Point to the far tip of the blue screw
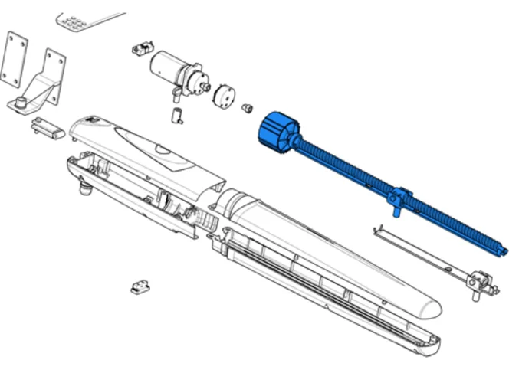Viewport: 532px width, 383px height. pos(503,250)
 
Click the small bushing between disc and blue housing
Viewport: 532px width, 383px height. pos(248,108)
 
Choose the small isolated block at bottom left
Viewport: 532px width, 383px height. pos(140,286)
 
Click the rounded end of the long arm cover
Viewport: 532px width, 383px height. pos(429,309)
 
